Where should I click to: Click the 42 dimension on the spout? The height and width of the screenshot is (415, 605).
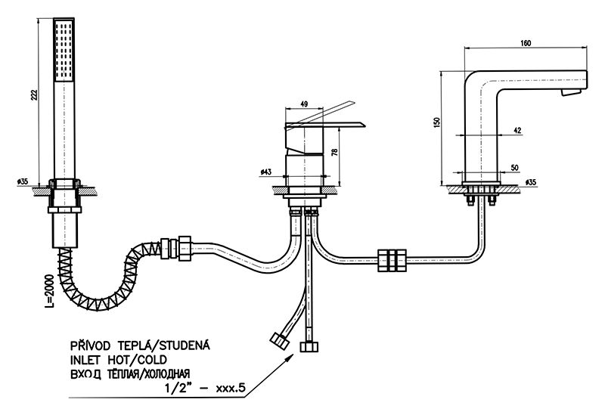tap(517, 130)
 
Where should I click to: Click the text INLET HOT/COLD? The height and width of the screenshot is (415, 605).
tap(119, 359)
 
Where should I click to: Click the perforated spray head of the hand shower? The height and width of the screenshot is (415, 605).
tap(64, 53)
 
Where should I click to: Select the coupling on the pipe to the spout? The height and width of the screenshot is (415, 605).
tap(395, 259)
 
